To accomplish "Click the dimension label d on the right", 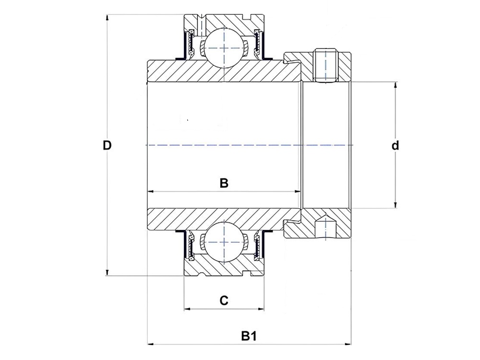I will tap(395, 145).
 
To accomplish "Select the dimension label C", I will tap(224, 300).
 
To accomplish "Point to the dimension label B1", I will tap(248, 336).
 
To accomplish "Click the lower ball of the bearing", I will tap(224, 241).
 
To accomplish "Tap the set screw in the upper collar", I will tap(326, 64).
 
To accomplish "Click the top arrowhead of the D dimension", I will tap(107, 17).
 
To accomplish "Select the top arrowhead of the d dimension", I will tap(395, 85).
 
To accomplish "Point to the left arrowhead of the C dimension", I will tap(187, 309).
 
